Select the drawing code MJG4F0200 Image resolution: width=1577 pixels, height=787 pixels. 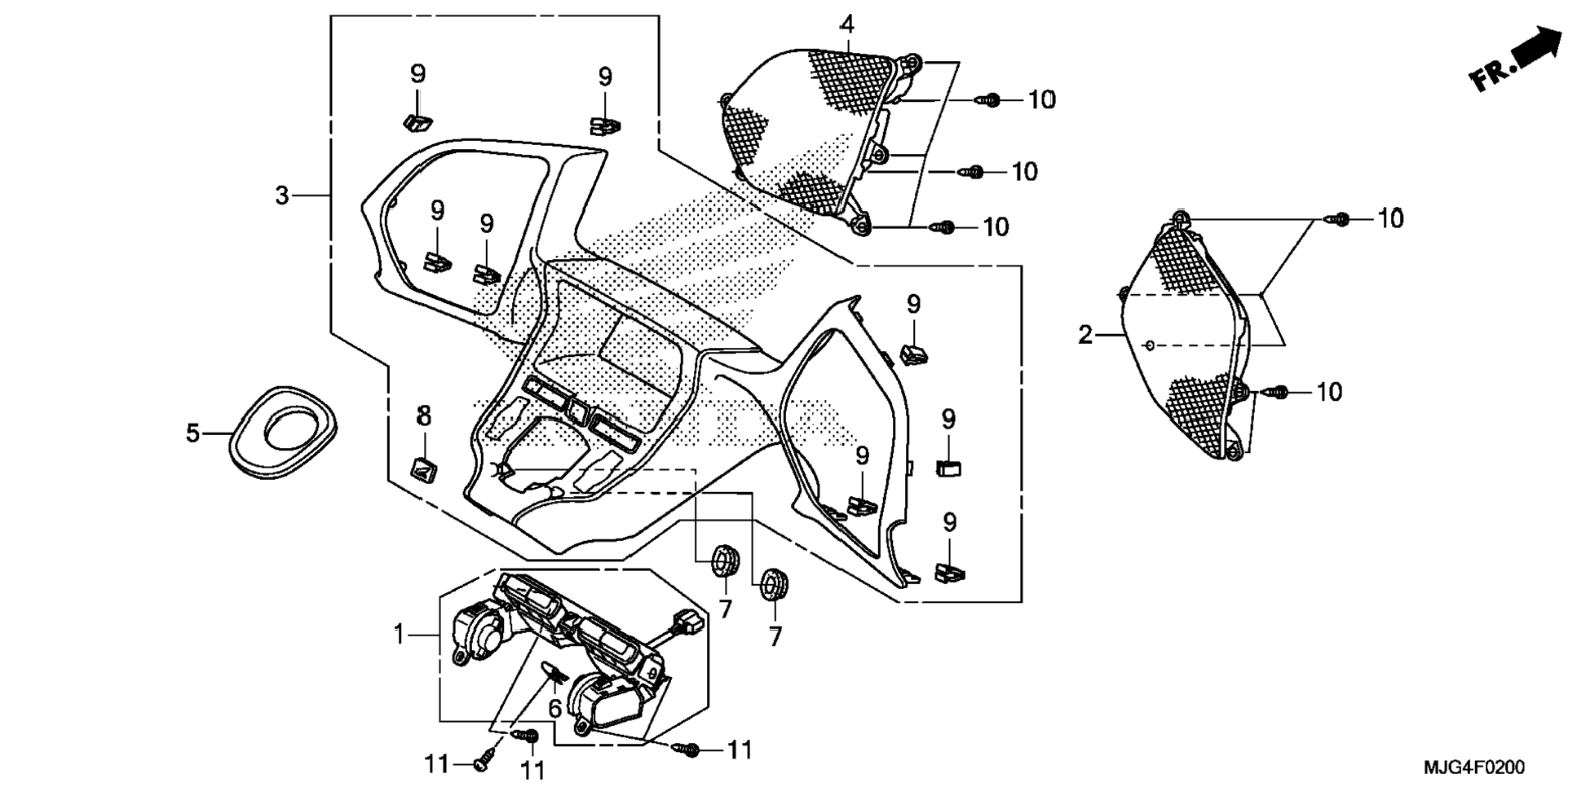click(1473, 767)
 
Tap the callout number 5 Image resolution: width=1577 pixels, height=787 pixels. click(193, 433)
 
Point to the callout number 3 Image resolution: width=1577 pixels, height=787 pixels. click(282, 196)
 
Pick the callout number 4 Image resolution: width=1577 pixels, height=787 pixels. click(848, 24)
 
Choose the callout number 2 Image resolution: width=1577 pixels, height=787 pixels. click(1084, 334)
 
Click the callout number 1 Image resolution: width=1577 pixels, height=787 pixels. click(400, 634)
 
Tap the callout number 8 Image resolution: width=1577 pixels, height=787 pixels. click(424, 415)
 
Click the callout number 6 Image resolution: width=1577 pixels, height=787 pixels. click(554, 709)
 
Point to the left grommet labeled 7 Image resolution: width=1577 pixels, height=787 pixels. click(722, 561)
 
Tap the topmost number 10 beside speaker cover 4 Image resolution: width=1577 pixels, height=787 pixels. click(1041, 99)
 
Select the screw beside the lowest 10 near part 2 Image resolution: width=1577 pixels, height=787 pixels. click(1277, 392)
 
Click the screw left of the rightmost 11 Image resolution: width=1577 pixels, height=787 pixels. click(689, 749)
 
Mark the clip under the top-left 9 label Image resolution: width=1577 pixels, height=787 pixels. click(418, 122)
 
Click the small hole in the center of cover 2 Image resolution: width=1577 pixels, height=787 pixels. click(1150, 345)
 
